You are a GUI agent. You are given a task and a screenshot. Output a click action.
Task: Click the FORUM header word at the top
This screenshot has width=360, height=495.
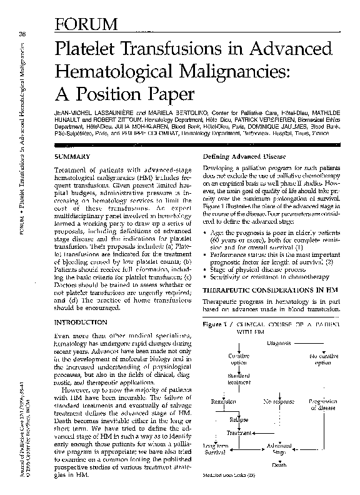coord(87,24)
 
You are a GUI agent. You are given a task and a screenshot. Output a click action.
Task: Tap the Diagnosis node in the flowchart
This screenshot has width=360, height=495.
coord(281,343)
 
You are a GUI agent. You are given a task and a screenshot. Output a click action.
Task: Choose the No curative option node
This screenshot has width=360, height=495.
coord(322,359)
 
